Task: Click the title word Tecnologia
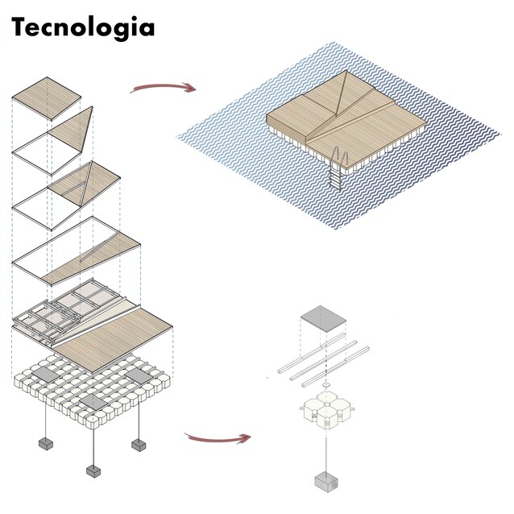(83, 28)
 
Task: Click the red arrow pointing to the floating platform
(164, 86)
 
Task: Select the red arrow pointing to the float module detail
(218, 438)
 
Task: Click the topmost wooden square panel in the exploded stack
(47, 99)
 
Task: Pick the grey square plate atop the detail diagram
(323, 319)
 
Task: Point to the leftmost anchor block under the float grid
(46, 444)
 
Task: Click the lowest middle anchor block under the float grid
(93, 471)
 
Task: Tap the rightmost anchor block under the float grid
(139, 446)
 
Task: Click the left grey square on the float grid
(44, 375)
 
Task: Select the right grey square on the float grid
(139, 375)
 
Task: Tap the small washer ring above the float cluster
(326, 384)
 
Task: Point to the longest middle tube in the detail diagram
(324, 360)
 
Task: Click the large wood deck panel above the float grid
(113, 339)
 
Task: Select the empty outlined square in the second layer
(47, 153)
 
